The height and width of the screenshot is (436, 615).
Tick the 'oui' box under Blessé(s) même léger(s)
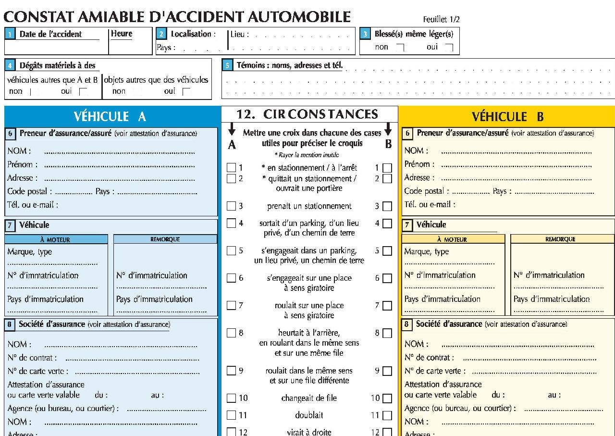449,47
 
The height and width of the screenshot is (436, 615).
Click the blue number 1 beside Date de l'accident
10,34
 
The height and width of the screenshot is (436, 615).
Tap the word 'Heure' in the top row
122,34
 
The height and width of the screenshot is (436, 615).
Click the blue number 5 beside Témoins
228,65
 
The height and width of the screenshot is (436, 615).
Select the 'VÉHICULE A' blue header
110,116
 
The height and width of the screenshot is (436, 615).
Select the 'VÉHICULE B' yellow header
507,117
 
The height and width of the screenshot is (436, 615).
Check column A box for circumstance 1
232,168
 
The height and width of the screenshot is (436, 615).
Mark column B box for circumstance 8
387,333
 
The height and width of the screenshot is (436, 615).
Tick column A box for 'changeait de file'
232,398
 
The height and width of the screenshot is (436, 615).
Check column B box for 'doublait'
387,415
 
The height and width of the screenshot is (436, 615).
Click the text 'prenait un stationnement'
309,206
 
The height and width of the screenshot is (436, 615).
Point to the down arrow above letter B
388,130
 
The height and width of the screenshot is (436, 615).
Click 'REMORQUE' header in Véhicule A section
165,239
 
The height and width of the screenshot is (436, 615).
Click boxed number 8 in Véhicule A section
10,324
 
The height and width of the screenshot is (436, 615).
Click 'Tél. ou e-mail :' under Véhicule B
430,204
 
